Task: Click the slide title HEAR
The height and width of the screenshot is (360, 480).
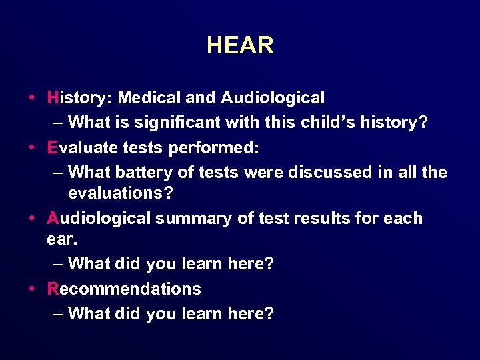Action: pyautogui.click(x=240, y=45)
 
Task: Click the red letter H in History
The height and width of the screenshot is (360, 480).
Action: pyautogui.click(x=53, y=98)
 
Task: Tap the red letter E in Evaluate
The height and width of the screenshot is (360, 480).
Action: pyautogui.click(x=53, y=148)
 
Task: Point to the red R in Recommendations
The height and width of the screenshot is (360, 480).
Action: pyautogui.click(x=53, y=289)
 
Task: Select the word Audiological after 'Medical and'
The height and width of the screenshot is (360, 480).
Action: pyautogui.click(x=273, y=98)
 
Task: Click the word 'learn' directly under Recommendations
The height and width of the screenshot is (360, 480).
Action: pyautogui.click(x=204, y=313)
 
